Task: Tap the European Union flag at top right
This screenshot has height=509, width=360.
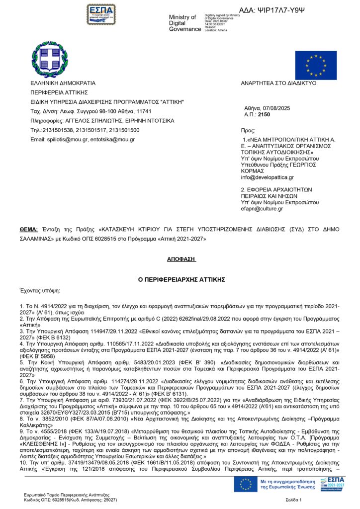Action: (316, 65)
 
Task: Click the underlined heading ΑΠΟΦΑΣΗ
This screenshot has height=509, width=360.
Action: (181, 259)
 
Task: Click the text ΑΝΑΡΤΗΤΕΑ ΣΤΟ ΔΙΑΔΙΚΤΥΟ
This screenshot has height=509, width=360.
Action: (278, 83)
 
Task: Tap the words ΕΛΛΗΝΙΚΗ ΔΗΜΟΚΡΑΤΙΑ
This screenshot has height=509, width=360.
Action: (63, 83)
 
